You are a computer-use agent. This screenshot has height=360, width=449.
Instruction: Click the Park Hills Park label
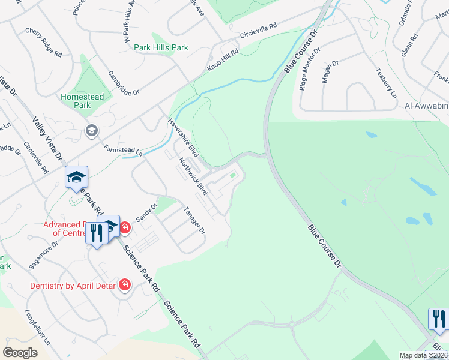[161, 47]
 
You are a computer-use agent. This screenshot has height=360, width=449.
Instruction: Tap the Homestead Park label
[82, 101]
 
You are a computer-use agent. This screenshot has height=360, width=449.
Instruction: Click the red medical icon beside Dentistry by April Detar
[125, 284]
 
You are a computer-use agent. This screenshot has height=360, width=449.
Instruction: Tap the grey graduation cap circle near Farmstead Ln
[91, 131]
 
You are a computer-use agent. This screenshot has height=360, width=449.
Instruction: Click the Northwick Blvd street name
[193, 176]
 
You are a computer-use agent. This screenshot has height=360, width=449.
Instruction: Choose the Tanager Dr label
[194, 220]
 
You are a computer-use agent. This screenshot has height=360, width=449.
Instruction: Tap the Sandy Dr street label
[146, 212]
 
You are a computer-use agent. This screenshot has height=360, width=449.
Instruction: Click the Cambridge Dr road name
[123, 83]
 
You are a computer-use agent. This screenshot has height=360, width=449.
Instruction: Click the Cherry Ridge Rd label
[44, 42]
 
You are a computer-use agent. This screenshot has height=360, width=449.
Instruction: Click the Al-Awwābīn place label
[426, 106]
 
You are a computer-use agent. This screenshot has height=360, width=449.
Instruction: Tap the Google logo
[20, 352]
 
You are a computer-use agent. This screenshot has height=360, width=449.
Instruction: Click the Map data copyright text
[422, 355]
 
